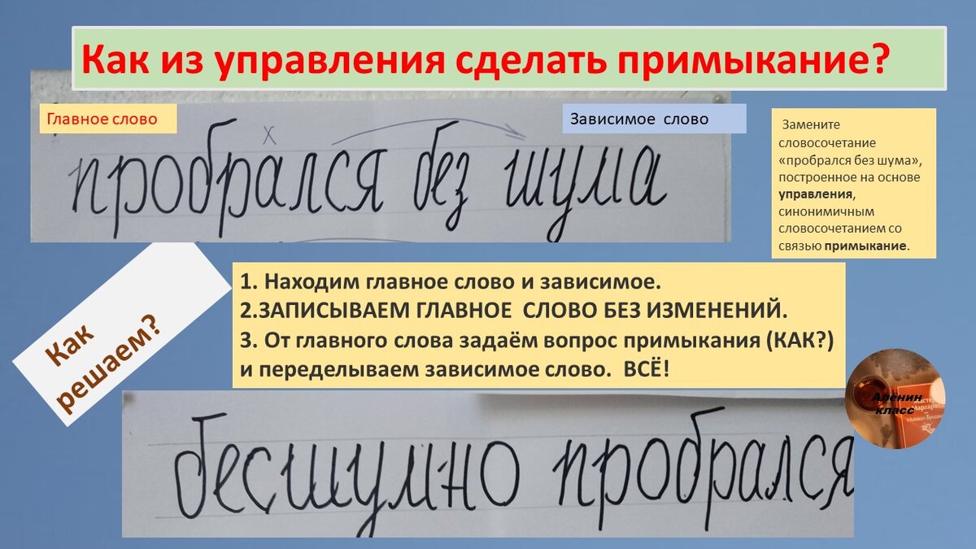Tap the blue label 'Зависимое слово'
(638, 119)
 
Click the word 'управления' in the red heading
(325, 59)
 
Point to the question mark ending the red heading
(892, 59)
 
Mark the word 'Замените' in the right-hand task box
(810, 125)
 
